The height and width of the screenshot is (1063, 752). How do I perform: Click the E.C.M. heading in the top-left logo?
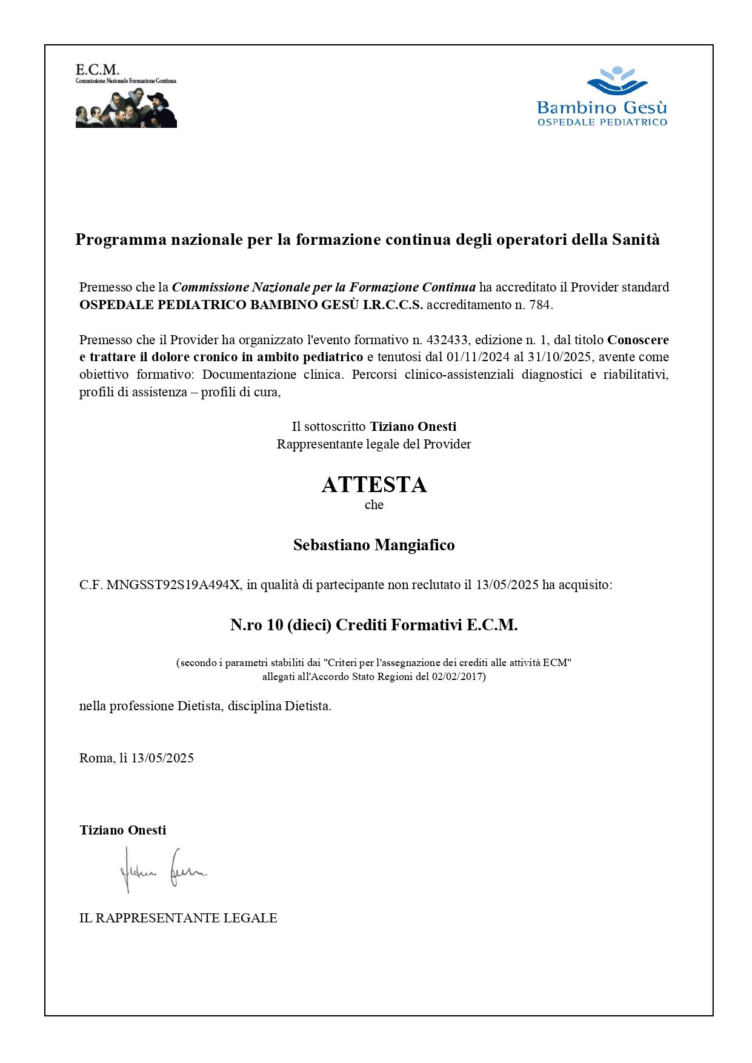pyautogui.click(x=97, y=70)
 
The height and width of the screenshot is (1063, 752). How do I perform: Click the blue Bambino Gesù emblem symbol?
pyautogui.click(x=617, y=81)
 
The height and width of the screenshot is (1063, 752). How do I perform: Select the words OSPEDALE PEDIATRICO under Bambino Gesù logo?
pyautogui.click(x=602, y=122)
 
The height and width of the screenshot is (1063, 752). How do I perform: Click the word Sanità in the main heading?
pyautogui.click(x=636, y=240)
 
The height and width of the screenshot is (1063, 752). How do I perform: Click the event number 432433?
pyautogui.click(x=447, y=340)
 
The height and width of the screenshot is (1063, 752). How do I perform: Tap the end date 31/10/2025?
pyautogui.click(x=559, y=357)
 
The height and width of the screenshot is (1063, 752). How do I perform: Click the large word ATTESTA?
pyautogui.click(x=374, y=485)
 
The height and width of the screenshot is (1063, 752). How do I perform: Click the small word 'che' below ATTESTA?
pyautogui.click(x=374, y=505)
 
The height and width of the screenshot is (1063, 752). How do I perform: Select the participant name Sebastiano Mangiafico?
pyautogui.click(x=374, y=545)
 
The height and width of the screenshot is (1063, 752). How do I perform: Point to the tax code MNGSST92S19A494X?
pyautogui.click(x=173, y=585)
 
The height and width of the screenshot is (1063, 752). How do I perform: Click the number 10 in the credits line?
pyautogui.click(x=275, y=625)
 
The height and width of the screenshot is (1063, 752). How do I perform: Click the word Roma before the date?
pyautogui.click(x=96, y=758)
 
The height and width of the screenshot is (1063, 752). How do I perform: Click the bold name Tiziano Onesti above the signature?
pyautogui.click(x=122, y=830)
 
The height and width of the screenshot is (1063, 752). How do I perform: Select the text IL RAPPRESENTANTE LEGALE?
pyautogui.click(x=178, y=918)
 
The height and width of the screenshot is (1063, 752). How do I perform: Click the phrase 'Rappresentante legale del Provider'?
pyautogui.click(x=374, y=444)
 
